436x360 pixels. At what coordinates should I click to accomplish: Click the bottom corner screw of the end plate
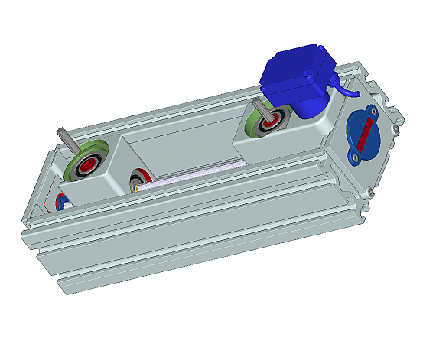(369, 192)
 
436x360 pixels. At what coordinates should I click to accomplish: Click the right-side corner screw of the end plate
(395, 131)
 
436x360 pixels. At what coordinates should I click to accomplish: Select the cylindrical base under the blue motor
(302, 107)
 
